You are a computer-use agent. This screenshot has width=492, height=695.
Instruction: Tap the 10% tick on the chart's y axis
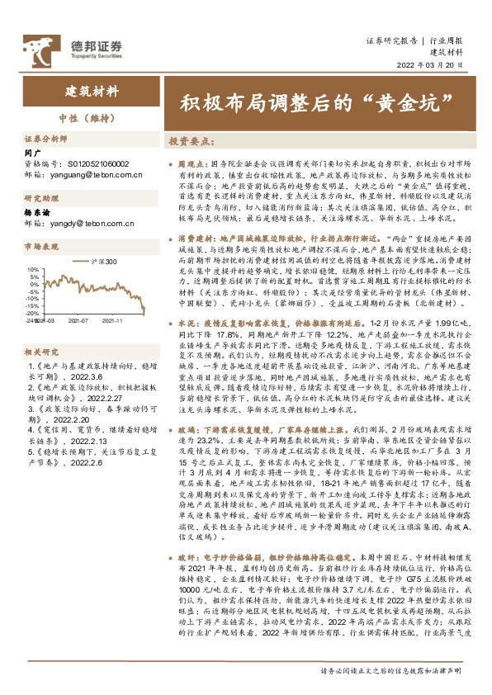[x=33, y=269]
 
